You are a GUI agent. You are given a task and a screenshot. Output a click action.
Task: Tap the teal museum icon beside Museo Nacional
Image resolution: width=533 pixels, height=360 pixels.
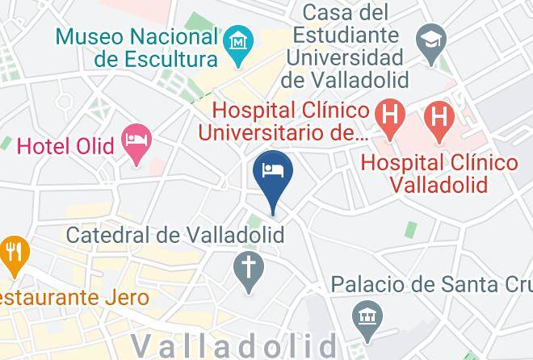(239, 41)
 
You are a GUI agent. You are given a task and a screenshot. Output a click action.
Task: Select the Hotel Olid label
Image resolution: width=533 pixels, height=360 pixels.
(65, 146)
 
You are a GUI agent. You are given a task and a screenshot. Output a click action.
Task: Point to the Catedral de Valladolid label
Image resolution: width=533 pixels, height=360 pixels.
(176, 236)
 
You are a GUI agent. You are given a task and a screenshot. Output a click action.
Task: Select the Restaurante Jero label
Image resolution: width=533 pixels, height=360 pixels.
(73, 298)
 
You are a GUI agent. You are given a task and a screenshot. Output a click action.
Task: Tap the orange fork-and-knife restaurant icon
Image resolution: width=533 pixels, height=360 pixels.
(12, 252)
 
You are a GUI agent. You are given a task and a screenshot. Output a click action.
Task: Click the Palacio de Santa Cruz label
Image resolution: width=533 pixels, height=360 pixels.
(431, 284)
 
